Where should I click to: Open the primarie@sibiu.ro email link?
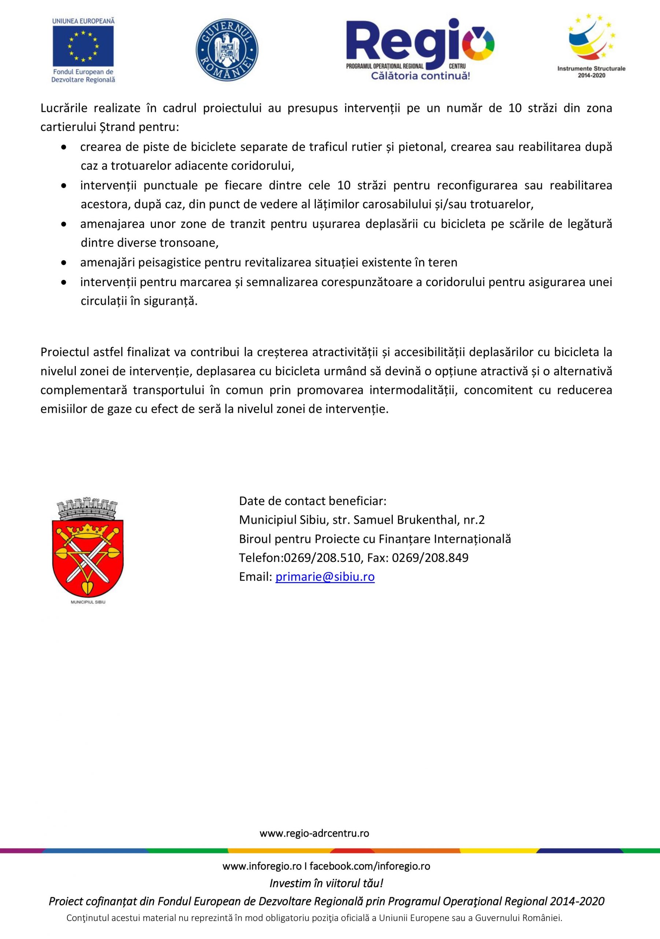click(x=325, y=577)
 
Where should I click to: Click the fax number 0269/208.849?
click(x=430, y=558)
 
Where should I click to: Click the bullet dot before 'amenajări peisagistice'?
click(x=64, y=263)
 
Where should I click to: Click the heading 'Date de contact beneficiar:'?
click(x=313, y=501)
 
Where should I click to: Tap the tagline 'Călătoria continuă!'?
click(x=420, y=76)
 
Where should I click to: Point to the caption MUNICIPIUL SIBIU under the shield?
click(x=88, y=602)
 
